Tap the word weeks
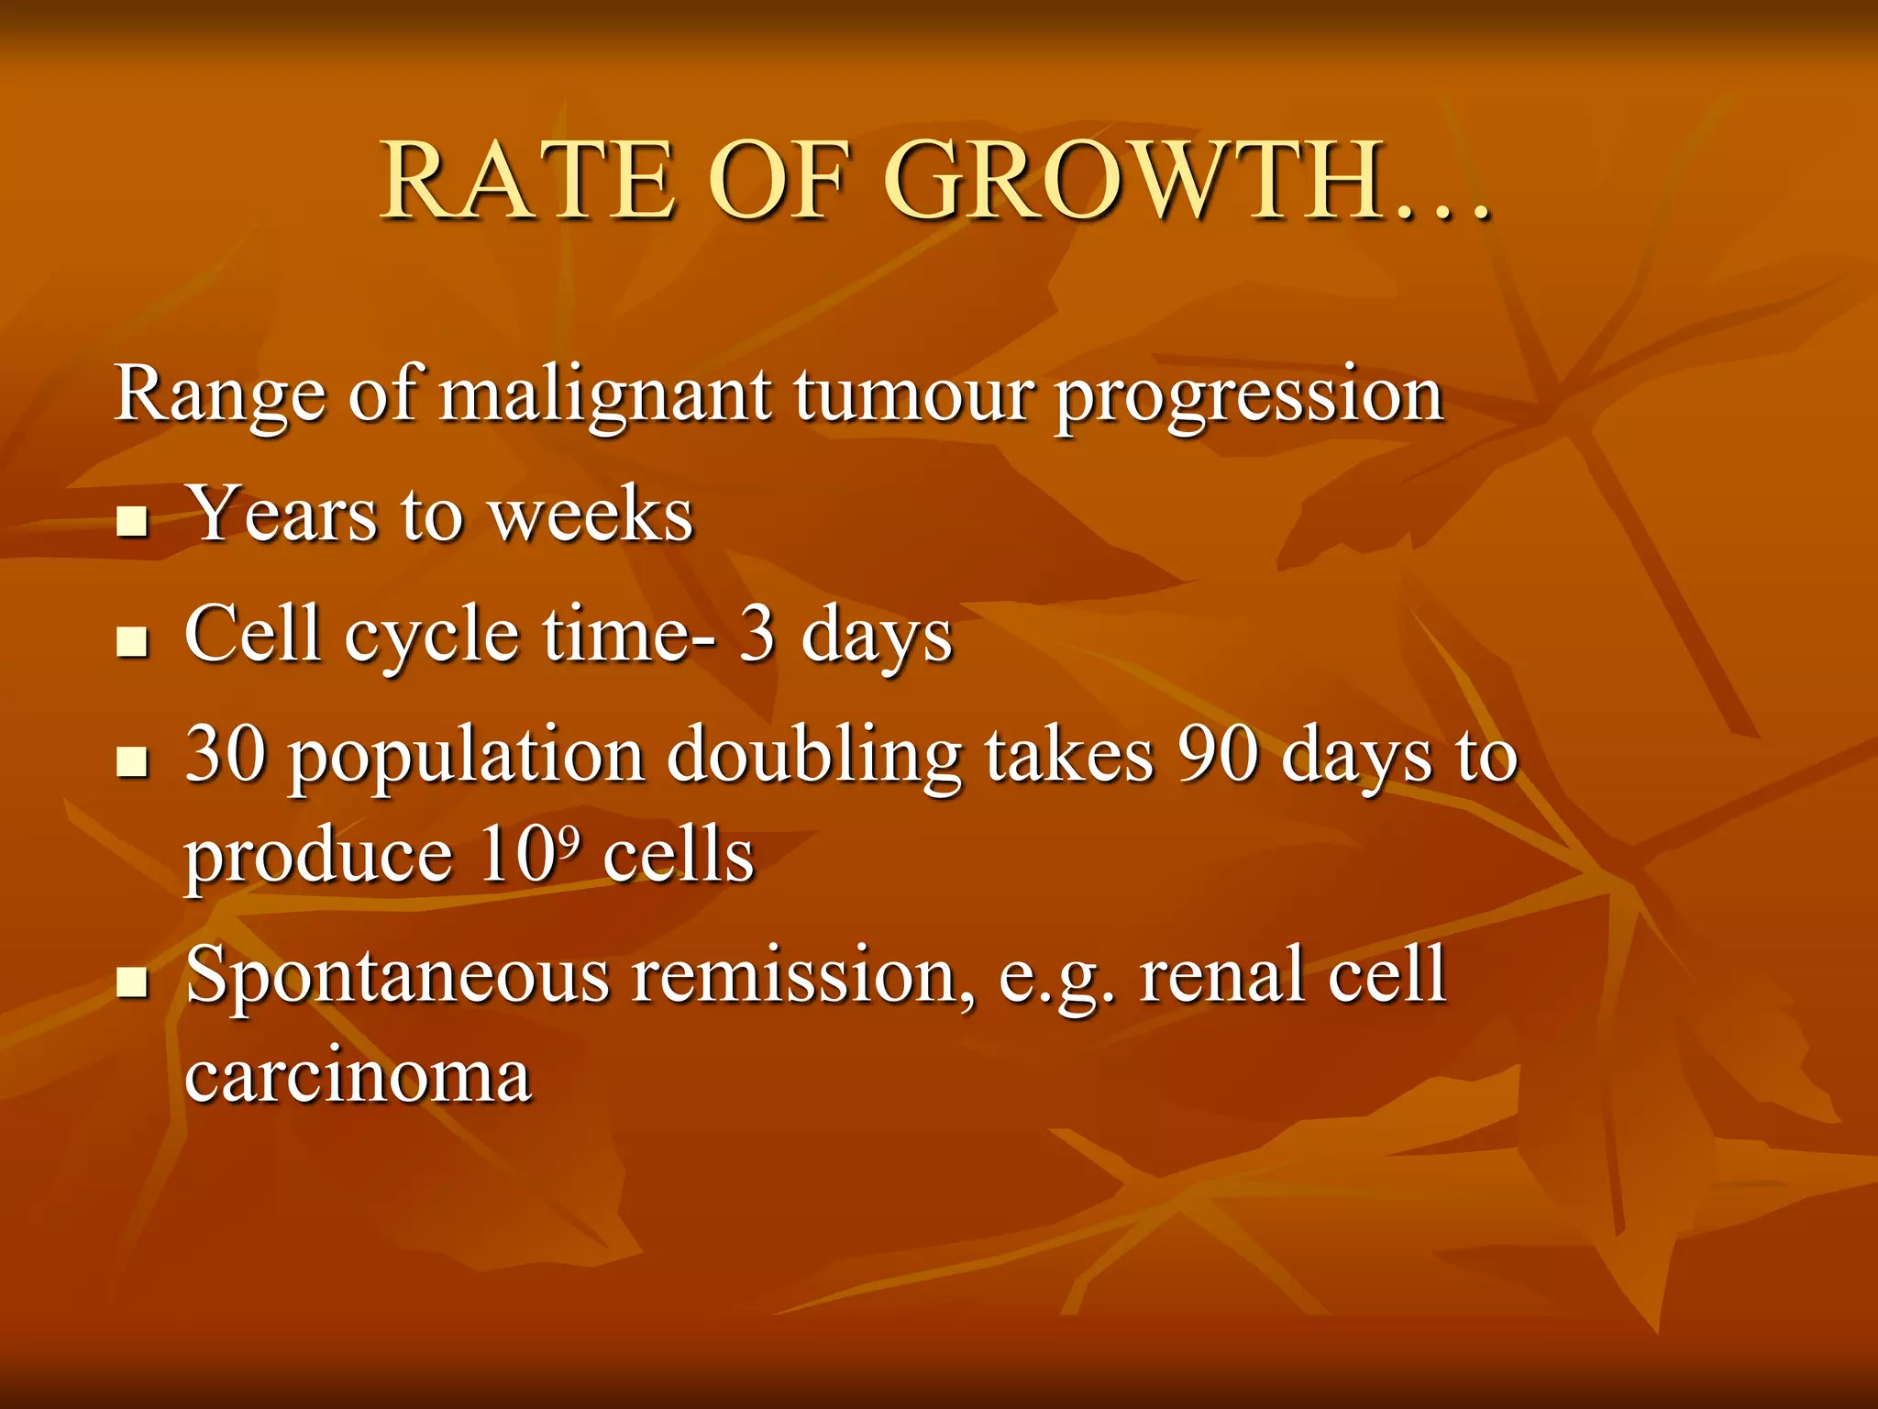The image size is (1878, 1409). [x=591, y=516]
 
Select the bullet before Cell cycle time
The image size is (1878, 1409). [x=133, y=642]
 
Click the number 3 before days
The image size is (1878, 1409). [x=757, y=635]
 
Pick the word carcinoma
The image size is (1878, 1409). [x=358, y=1075]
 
